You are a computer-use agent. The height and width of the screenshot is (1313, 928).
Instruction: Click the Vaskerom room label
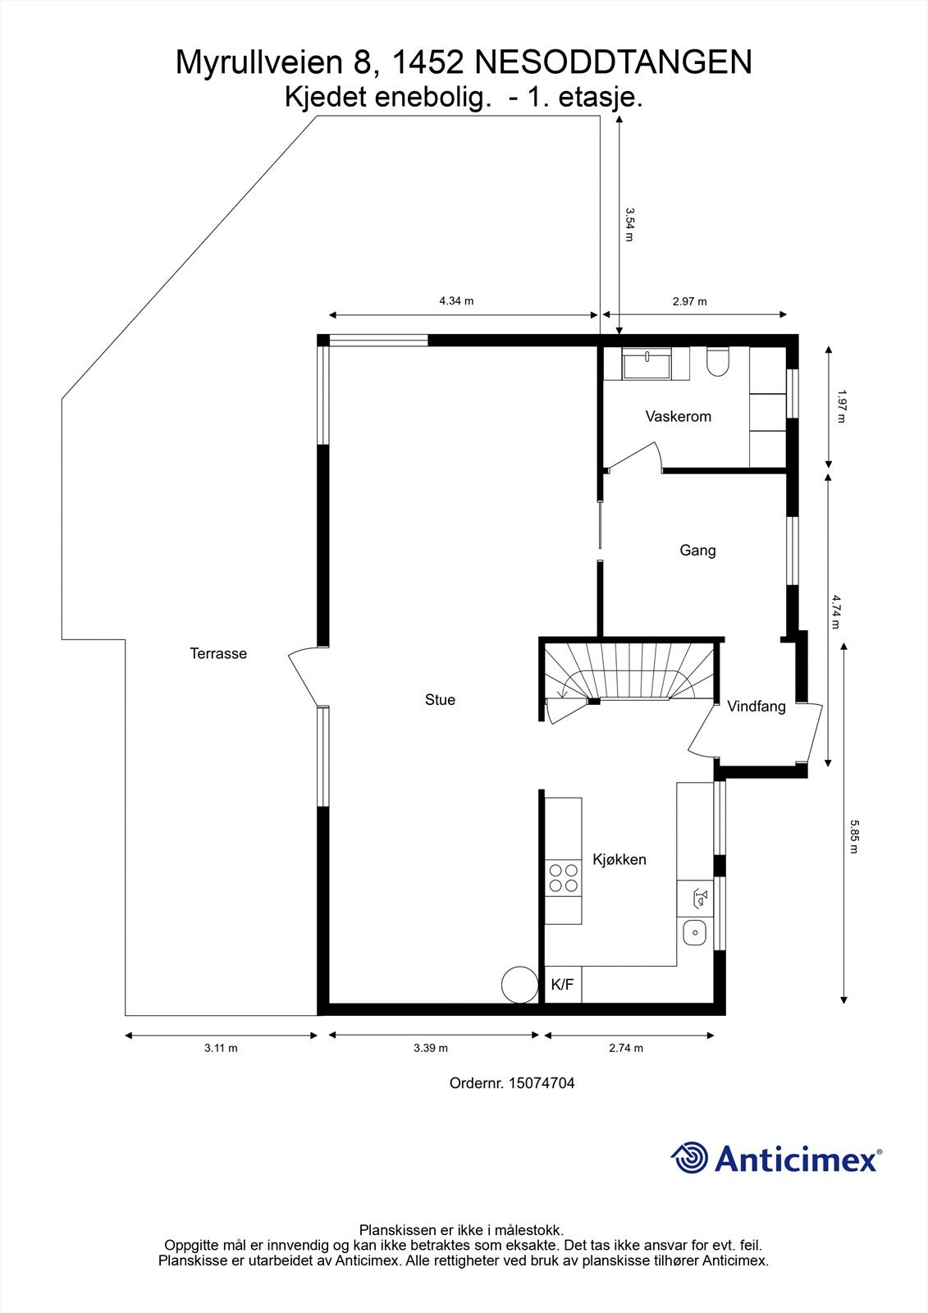[678, 416]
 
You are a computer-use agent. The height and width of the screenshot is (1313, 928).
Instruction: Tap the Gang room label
[697, 550]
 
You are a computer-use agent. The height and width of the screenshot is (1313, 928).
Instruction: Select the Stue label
[440, 700]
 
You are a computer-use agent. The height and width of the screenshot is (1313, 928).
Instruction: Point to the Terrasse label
[218, 654]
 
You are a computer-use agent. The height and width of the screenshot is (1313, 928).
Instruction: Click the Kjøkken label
[619, 860]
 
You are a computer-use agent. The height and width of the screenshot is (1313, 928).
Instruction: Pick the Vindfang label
[756, 706]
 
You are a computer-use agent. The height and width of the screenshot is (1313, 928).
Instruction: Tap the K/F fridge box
[563, 985]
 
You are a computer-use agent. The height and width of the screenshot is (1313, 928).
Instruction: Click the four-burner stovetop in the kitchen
[563, 877]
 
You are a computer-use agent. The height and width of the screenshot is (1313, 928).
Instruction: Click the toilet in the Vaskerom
[716, 362]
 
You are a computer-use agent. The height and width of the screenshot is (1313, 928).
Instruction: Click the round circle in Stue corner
[519, 983]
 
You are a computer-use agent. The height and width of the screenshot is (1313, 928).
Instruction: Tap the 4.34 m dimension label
[456, 301]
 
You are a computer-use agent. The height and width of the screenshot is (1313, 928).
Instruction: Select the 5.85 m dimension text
[854, 836]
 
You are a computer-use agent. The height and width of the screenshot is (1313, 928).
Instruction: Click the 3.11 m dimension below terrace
[221, 1048]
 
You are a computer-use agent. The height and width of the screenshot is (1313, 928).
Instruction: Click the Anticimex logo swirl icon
[690, 1158]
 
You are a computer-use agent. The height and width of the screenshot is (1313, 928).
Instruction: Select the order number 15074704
[541, 1083]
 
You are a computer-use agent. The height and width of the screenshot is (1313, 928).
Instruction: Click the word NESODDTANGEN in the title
[613, 63]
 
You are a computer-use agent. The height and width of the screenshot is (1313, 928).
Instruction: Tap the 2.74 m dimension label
[626, 1048]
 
